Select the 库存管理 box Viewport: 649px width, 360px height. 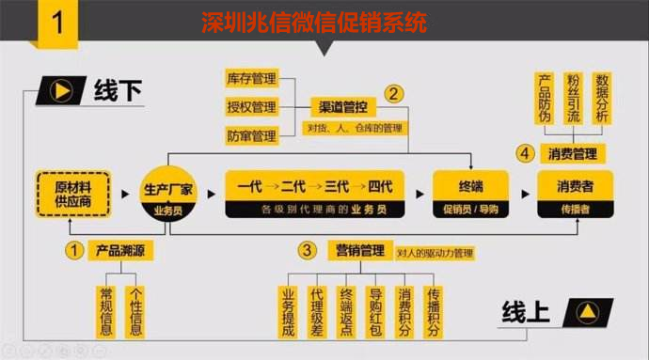(251, 77)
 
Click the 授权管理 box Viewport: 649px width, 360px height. (251, 106)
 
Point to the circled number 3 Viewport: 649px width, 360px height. (307, 250)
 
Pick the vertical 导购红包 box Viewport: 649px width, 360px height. (375, 310)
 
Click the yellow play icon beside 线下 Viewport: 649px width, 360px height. (61, 91)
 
